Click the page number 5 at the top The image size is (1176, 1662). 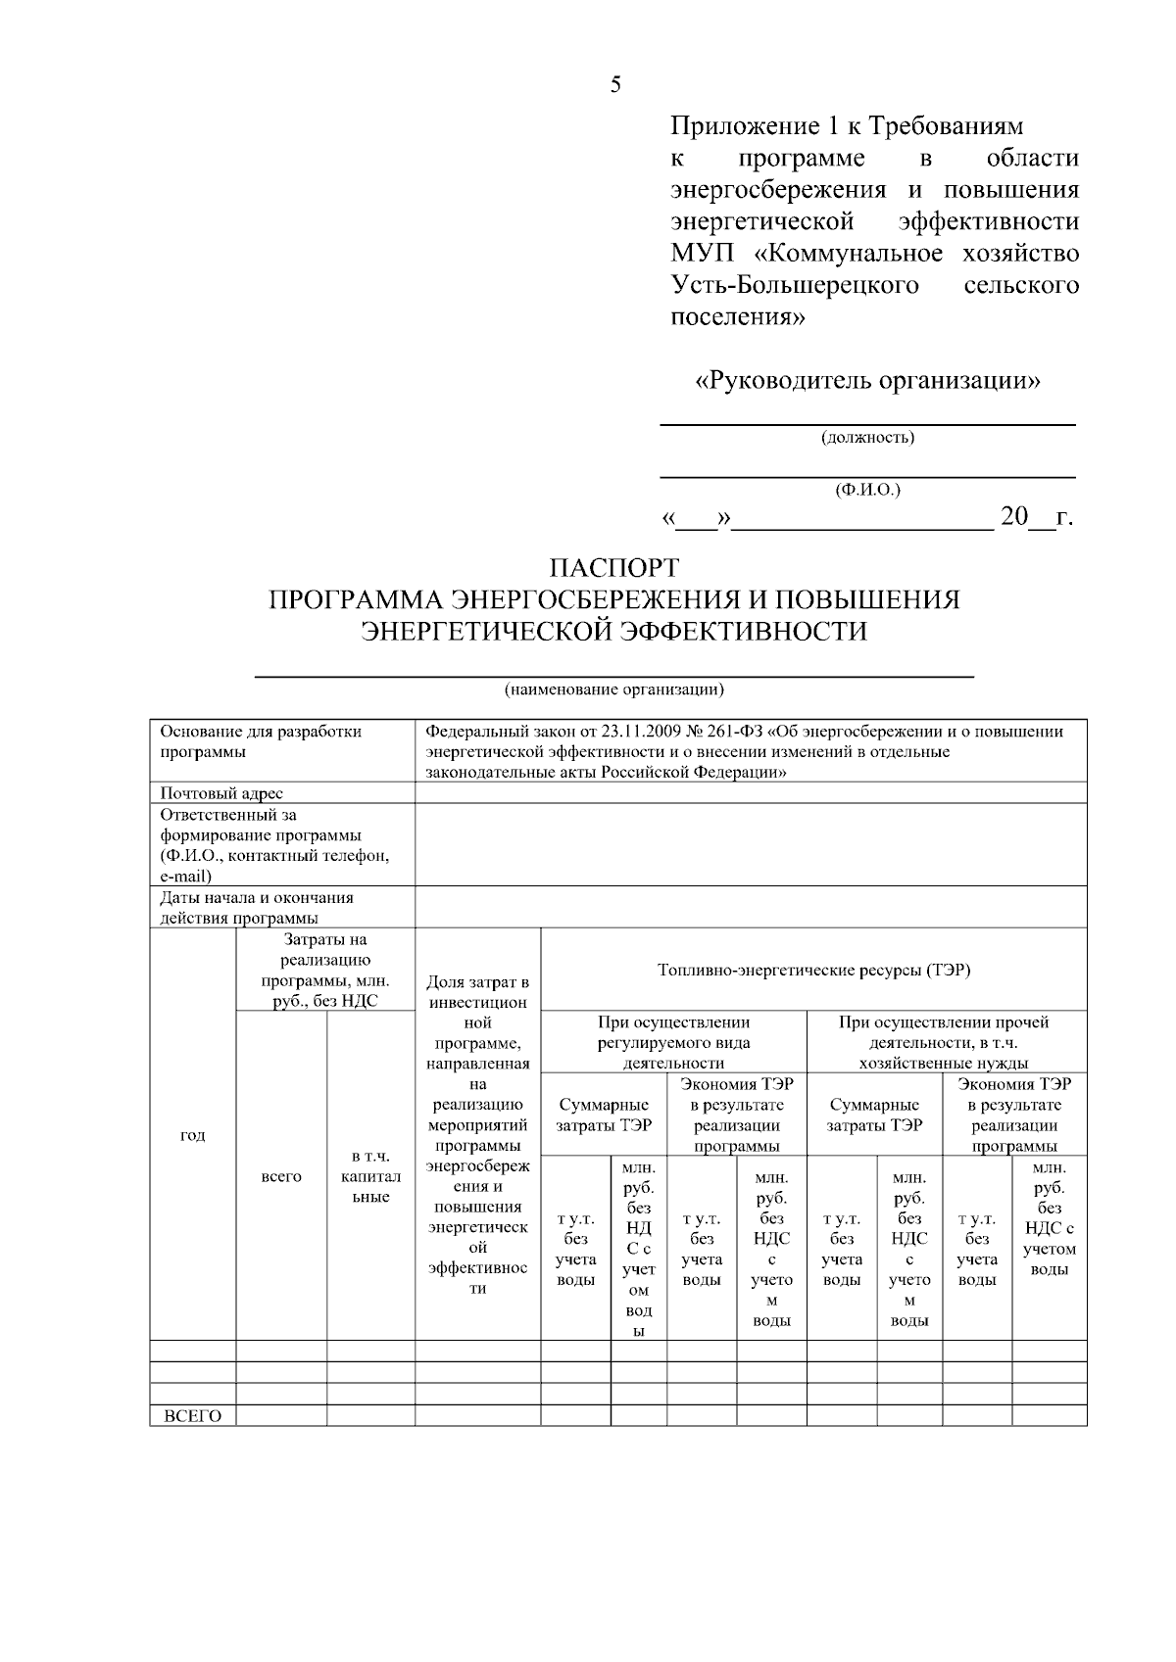click(x=615, y=85)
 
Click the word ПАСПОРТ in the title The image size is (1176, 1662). click(x=613, y=568)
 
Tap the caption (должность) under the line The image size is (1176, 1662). click(x=867, y=437)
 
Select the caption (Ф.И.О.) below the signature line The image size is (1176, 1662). click(x=867, y=489)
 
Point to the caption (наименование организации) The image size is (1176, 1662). click(x=614, y=689)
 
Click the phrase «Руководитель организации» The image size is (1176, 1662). click(x=867, y=380)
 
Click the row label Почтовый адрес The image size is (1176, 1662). click(x=221, y=793)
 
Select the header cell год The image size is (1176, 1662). click(x=193, y=1135)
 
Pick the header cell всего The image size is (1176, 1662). click(x=281, y=1176)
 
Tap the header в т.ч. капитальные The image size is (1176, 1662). click(x=370, y=1176)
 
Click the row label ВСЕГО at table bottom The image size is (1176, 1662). click(x=192, y=1416)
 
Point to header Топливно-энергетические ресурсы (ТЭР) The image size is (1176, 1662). click(x=813, y=971)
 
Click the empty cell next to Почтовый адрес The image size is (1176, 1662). click(x=751, y=793)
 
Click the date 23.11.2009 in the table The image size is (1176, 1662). click(x=638, y=732)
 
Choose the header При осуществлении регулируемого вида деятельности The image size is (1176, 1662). click(x=673, y=1042)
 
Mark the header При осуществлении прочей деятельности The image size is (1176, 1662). click(x=945, y=1042)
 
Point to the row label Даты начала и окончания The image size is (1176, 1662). click(x=257, y=897)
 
